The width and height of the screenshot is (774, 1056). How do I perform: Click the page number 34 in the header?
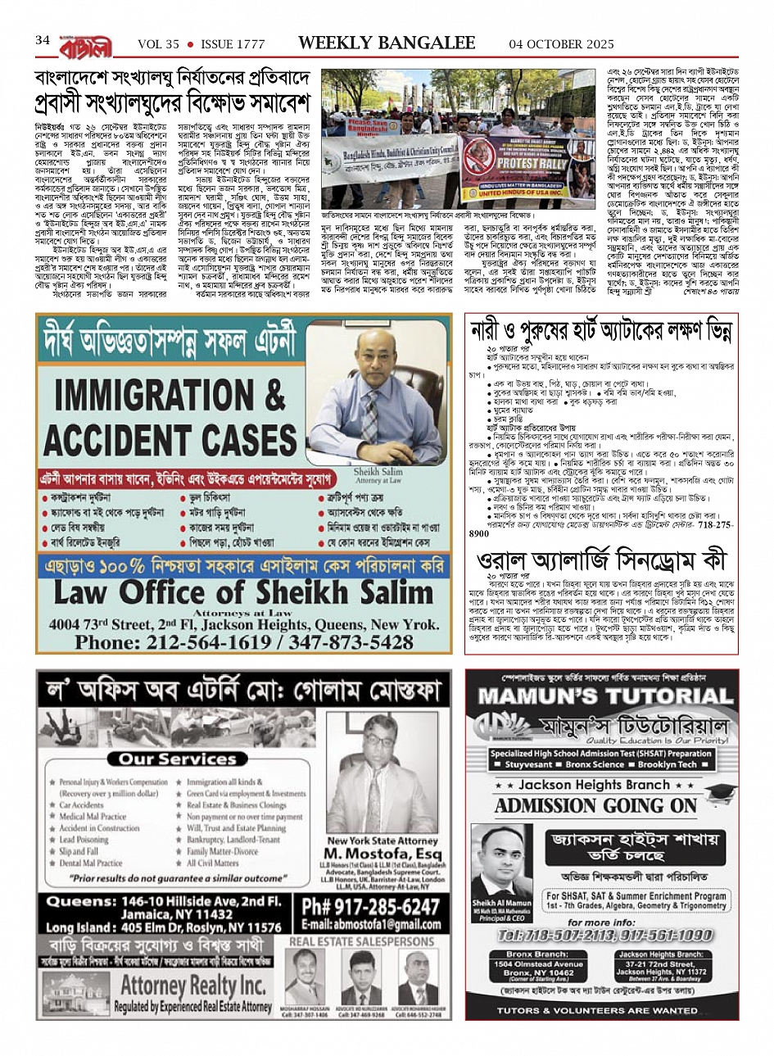[43, 40]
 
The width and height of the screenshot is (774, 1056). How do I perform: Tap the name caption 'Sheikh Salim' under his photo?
[378, 473]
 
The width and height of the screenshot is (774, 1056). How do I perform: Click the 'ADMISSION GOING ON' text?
[595, 805]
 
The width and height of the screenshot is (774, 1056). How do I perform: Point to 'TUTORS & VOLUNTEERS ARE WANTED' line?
[597, 1010]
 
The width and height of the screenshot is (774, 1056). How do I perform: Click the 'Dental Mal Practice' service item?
[91, 863]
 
